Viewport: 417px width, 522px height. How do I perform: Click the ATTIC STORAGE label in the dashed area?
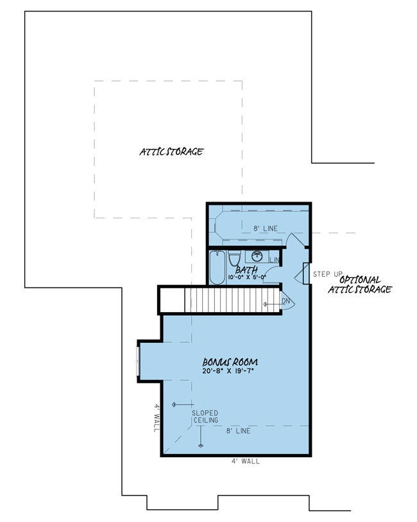pos(171,152)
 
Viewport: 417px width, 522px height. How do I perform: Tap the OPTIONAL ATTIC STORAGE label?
pos(360,284)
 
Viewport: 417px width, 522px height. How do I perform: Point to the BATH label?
pos(246,270)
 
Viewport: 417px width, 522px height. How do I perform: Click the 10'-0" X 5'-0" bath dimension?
pos(246,278)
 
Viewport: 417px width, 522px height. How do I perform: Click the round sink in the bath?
pos(257,256)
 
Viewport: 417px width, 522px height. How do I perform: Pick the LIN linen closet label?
pos(275,259)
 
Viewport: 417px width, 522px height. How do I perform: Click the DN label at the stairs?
pos(286,300)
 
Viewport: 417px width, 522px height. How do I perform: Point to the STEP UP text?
pos(328,274)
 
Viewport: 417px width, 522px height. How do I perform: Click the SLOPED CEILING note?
pos(205,416)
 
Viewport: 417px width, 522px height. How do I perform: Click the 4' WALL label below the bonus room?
pos(246,461)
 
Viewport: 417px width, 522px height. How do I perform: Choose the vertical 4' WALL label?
pos(155,417)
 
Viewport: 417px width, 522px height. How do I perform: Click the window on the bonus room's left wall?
pos(138,361)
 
